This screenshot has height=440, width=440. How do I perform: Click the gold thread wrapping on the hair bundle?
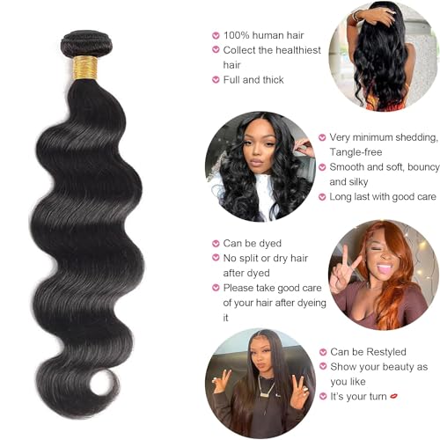point(85,68)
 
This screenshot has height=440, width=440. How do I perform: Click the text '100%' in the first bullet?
point(237,35)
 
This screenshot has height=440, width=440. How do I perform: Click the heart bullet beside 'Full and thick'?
point(216,79)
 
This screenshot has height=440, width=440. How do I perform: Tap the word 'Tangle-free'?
point(356,152)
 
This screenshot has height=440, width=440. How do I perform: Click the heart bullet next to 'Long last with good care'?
point(322,197)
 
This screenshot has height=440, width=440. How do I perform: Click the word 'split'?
point(249,259)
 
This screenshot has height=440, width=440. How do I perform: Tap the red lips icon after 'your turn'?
point(394,396)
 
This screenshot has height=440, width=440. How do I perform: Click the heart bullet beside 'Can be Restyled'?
point(323,352)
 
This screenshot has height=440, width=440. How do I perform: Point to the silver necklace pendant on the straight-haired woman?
point(266,393)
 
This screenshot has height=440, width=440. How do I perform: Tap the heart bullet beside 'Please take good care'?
point(216,288)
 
